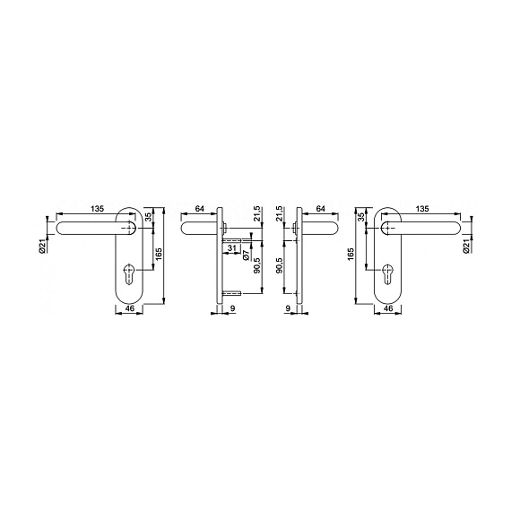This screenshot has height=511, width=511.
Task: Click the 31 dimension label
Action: click(x=231, y=248)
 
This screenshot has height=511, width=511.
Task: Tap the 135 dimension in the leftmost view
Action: click(x=97, y=209)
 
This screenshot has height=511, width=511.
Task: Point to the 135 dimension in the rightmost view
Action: click(x=422, y=209)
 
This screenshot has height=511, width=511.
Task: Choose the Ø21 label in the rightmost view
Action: click(x=466, y=246)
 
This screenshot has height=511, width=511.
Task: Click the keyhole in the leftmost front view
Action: click(x=129, y=273)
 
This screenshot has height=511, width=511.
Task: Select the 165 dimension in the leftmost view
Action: click(x=159, y=255)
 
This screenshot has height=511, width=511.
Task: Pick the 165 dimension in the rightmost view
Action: click(x=351, y=255)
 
